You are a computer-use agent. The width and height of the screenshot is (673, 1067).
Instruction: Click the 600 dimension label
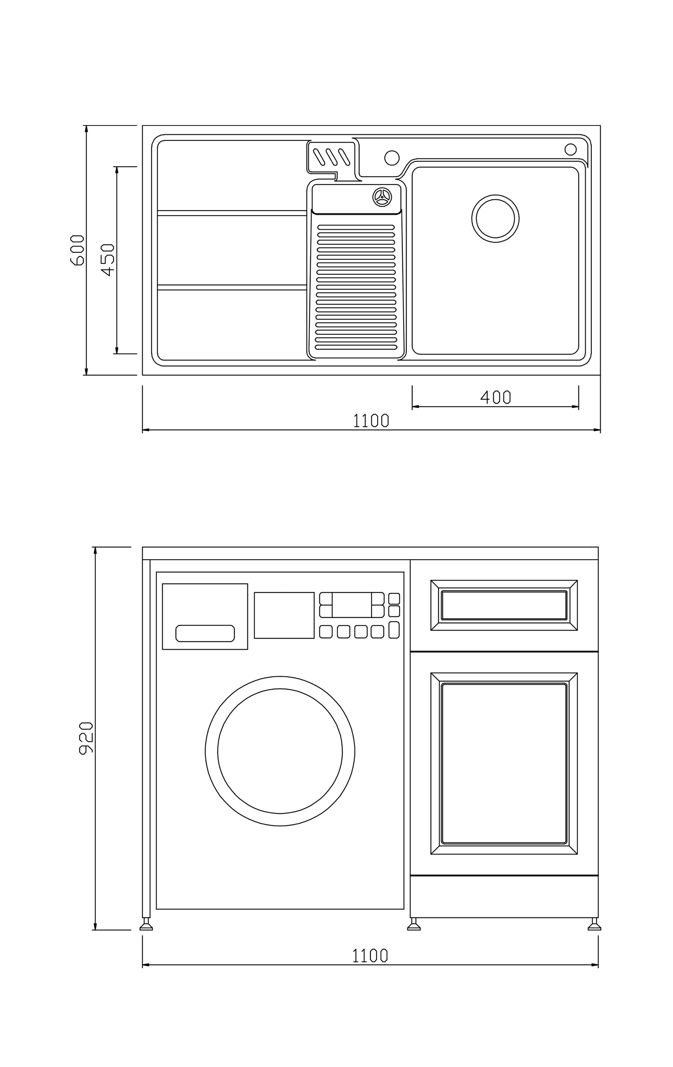77,250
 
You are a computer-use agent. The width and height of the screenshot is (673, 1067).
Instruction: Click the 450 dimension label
108,260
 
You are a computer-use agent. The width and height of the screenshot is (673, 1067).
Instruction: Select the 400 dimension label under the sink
495,397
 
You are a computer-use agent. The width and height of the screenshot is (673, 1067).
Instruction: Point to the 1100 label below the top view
371,420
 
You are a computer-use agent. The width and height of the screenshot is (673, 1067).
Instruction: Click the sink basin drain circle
495,218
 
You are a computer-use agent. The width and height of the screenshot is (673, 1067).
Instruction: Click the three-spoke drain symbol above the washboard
382,197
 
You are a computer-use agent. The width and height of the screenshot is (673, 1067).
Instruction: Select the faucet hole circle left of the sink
392,158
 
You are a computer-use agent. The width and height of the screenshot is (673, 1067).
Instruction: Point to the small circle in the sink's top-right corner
571,149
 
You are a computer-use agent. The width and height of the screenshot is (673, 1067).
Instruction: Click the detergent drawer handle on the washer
205,633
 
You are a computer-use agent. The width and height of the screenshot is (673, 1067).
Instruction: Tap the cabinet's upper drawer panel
504,605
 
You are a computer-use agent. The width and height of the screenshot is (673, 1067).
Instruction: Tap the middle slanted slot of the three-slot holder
332,157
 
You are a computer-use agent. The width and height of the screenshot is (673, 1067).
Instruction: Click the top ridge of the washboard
356,227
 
